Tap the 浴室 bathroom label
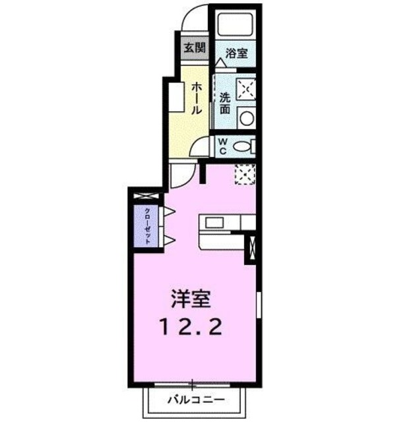pyautogui.click(x=236, y=53)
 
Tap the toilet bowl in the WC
pyautogui.click(x=243, y=146)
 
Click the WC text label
pyautogui.click(x=222, y=146)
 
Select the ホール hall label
pyautogui.click(x=197, y=99)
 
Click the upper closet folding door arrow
pyautogui.click(x=169, y=212)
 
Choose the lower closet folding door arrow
pyautogui.click(x=169, y=238)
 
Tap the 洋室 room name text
pyautogui.click(x=191, y=300)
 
